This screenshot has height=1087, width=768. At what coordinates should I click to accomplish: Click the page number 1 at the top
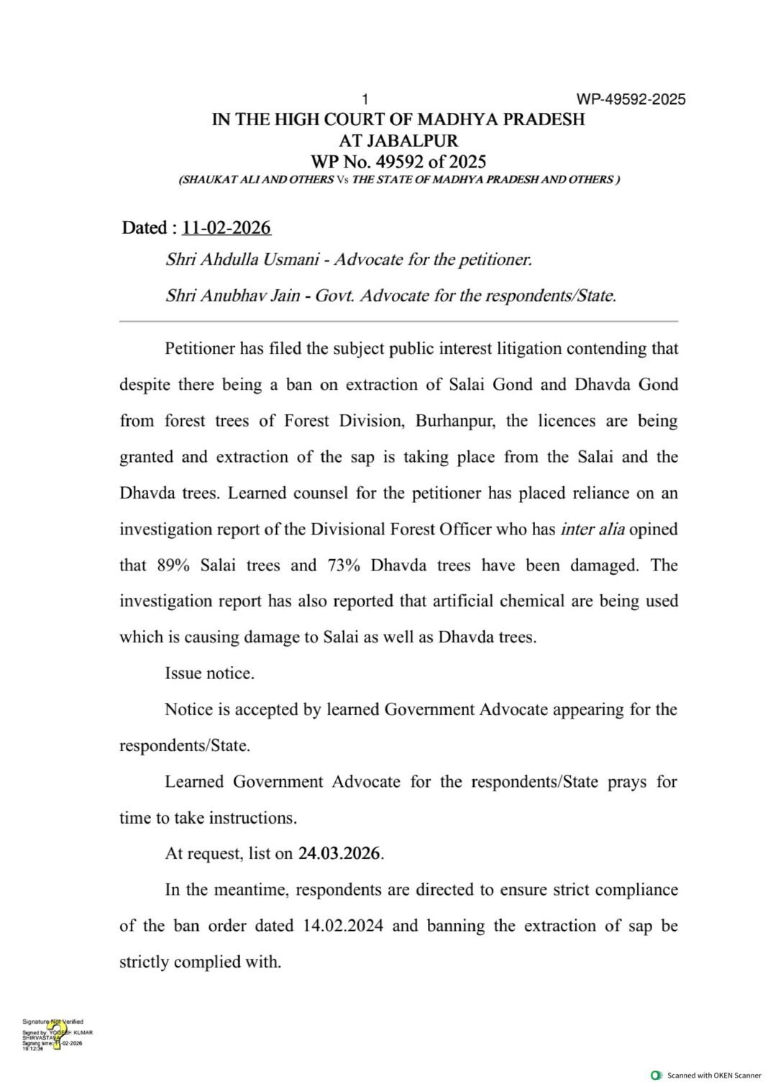point(365,99)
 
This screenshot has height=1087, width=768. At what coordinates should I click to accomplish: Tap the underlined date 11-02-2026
point(227,228)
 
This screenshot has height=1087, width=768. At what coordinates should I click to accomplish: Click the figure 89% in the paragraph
point(173,565)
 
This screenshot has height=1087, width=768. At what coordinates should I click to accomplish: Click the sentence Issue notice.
point(209,673)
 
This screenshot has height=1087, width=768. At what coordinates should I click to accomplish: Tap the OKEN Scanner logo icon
point(656,1075)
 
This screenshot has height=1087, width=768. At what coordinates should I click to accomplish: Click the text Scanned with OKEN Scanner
point(713,1075)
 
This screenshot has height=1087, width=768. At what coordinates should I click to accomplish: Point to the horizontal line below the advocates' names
point(398,321)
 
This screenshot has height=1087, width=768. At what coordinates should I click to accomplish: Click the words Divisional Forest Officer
point(401,529)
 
